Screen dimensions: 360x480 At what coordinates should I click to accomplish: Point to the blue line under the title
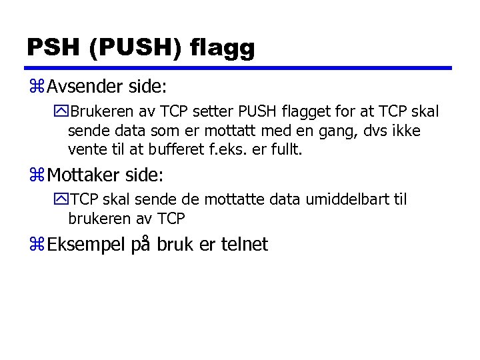pyautogui.click(x=239, y=68)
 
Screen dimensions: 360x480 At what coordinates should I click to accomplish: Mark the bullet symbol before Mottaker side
pyautogui.click(x=36, y=176)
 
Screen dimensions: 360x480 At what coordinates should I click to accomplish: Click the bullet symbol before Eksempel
pyautogui.click(x=36, y=245)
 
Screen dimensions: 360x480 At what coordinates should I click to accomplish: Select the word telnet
pyautogui.click(x=243, y=245)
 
